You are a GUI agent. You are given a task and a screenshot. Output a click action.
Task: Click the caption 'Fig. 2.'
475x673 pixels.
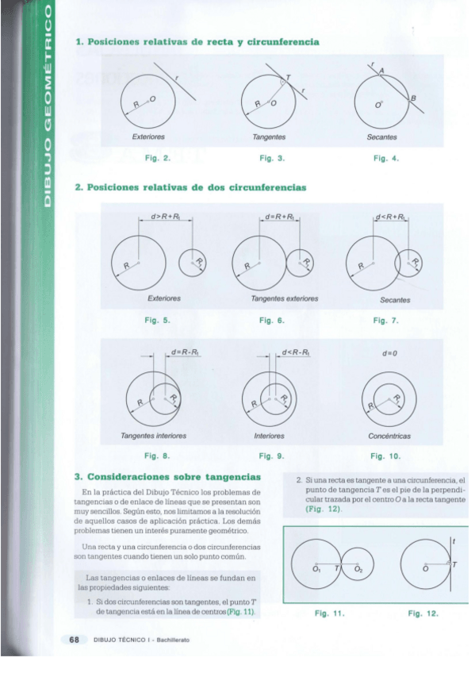coord(157,159)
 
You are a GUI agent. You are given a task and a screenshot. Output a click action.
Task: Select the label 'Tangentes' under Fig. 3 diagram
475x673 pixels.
coord(269,137)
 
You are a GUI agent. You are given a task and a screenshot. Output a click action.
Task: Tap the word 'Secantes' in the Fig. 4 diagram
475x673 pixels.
coord(382,137)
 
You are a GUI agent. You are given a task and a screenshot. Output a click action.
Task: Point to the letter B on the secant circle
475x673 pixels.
coord(412,97)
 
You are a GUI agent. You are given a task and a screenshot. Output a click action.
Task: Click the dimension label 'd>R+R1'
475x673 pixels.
coord(165,216)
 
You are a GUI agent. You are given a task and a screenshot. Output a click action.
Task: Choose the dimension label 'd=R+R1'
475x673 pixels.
coord(279,216)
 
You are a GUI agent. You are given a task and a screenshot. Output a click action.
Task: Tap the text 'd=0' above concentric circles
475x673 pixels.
coord(389,352)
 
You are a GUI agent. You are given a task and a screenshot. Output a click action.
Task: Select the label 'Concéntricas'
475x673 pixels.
coord(389,436)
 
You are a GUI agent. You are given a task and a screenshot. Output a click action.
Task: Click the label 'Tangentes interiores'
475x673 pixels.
coord(153,436)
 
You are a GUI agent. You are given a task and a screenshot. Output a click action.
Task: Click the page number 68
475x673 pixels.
coord(75,639)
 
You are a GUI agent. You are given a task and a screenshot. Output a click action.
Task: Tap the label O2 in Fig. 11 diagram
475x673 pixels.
coord(358,570)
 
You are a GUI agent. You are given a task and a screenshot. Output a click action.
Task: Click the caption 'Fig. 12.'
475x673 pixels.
coord(423,613)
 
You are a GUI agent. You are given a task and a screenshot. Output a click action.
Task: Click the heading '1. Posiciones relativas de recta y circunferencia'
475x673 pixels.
coord(197,41)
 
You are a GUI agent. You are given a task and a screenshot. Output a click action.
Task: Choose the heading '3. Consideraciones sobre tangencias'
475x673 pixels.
coord(167,477)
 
